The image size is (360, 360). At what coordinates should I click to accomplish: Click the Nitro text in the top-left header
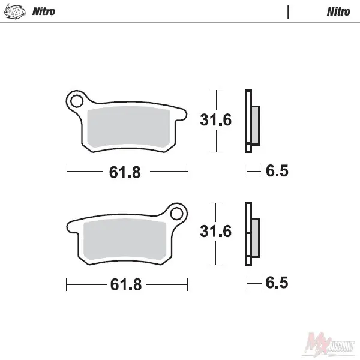click(44, 11)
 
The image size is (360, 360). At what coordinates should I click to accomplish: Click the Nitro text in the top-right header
click(338, 11)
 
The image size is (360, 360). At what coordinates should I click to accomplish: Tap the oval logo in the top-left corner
click(14, 11)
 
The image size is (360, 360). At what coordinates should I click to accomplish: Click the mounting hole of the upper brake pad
click(77, 101)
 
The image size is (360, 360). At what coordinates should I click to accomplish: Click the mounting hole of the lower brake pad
click(176, 214)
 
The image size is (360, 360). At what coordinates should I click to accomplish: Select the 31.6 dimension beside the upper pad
click(215, 120)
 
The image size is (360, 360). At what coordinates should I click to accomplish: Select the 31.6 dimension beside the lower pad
click(215, 231)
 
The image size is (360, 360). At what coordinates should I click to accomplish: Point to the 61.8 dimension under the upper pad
click(125, 172)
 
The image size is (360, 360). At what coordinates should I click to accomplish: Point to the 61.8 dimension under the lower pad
click(126, 284)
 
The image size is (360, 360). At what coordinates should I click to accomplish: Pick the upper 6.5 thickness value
click(277, 171)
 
